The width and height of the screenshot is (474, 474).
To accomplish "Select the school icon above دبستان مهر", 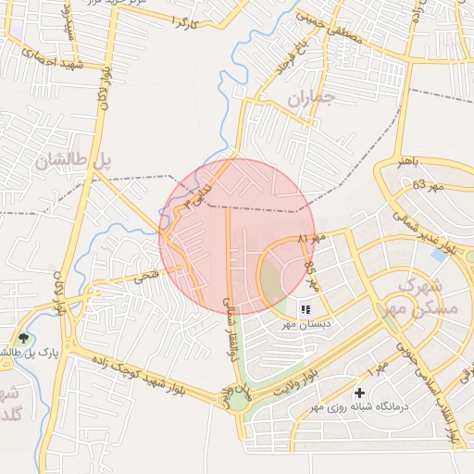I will pos(306,309).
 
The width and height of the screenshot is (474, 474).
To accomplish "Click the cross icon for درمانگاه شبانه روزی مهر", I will pos(359,393).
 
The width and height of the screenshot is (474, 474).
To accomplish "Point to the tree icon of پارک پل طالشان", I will pos(23,340).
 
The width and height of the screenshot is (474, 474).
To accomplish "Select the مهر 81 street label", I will pos(313,240).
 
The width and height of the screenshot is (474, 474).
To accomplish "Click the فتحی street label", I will pos(145,275).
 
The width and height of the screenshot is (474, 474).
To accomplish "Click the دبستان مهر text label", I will pos(306,325).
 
